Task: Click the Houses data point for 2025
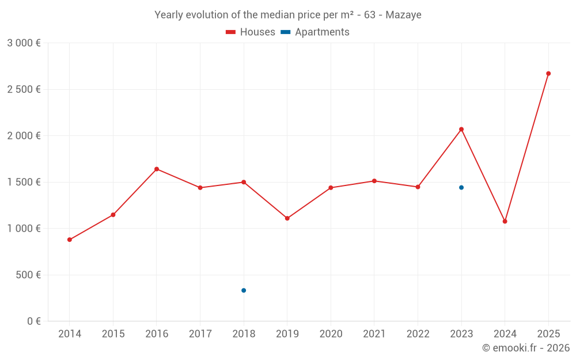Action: pos(548,74)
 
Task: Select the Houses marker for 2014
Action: pos(70,240)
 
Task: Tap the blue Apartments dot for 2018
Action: pos(244,290)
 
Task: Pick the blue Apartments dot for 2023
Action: pos(461,188)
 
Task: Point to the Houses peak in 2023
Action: pos(461,129)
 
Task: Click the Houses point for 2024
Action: pos(505,221)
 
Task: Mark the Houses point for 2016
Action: pos(157,169)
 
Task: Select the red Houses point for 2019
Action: pos(287,218)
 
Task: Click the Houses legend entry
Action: pos(251,32)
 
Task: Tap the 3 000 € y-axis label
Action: pos(24,43)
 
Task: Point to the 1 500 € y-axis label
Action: pos(24,182)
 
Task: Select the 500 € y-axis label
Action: pos(28,275)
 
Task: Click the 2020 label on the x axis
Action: pos(331,334)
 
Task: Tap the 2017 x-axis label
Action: pos(200,334)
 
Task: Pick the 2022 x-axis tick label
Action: pos(418,334)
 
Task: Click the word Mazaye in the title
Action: pos(403,15)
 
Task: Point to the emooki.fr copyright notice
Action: pos(525,348)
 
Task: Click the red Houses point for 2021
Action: pos(374,181)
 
